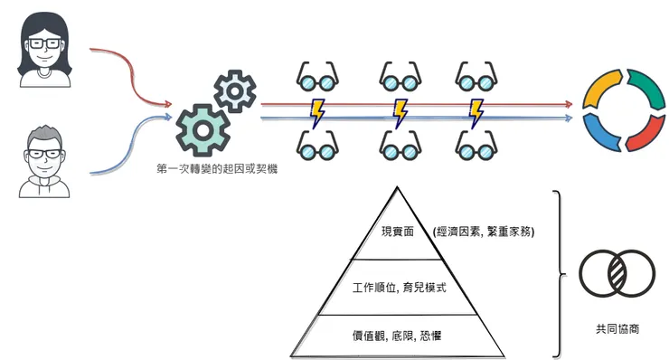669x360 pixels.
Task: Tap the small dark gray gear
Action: (x=233, y=90)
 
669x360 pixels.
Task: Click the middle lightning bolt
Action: (x=399, y=112)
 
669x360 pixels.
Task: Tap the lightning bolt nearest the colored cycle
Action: (x=476, y=112)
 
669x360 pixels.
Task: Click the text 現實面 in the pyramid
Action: (x=398, y=232)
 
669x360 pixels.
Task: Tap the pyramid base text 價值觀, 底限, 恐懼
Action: (x=398, y=336)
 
